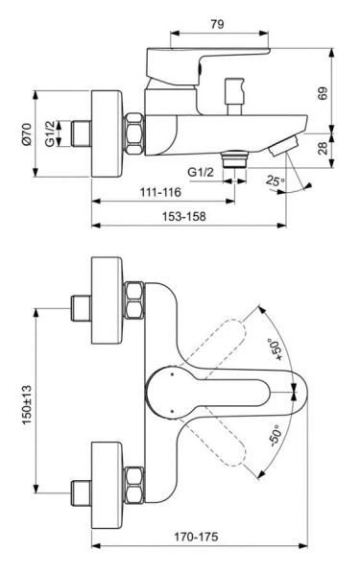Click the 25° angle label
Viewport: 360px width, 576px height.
277,180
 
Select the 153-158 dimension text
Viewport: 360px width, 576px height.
182,217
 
